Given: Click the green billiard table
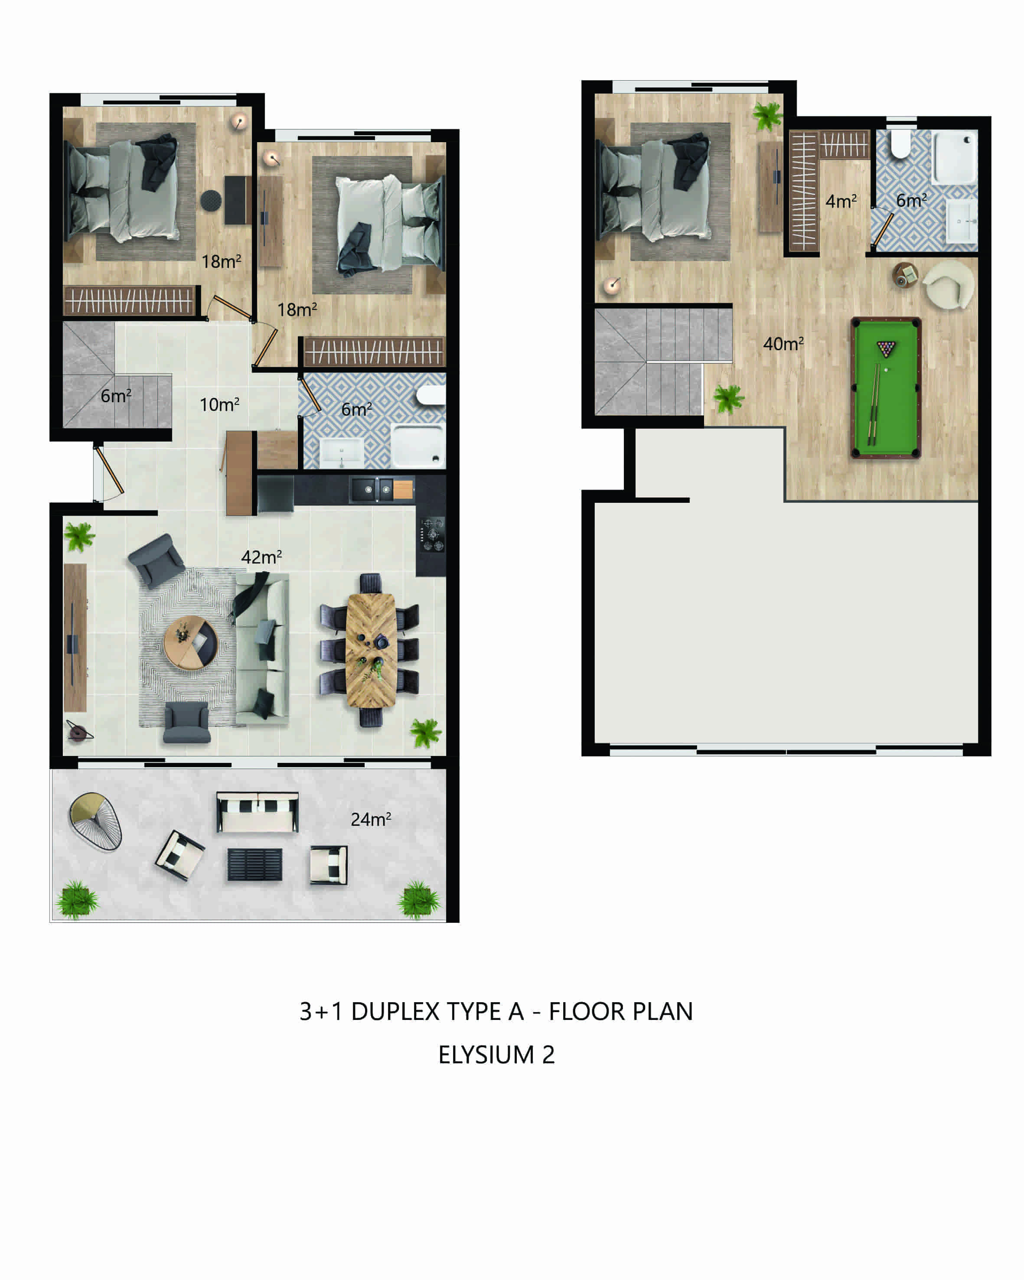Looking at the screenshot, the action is [885, 388].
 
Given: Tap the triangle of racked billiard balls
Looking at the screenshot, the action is [886, 349].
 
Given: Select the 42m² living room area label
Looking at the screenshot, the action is [261, 557].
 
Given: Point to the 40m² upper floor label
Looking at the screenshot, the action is [783, 344].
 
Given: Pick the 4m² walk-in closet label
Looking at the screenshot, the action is [841, 201].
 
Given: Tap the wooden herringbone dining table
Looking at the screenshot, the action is [371, 651].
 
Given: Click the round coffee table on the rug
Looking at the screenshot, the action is [191, 643].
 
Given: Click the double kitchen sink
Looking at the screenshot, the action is [371, 489].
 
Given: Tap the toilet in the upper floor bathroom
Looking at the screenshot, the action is [900, 144].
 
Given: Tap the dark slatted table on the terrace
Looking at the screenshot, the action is [254, 864].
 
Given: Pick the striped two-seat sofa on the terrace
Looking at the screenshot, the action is [257, 811].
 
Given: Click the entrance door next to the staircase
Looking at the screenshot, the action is [109, 471].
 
